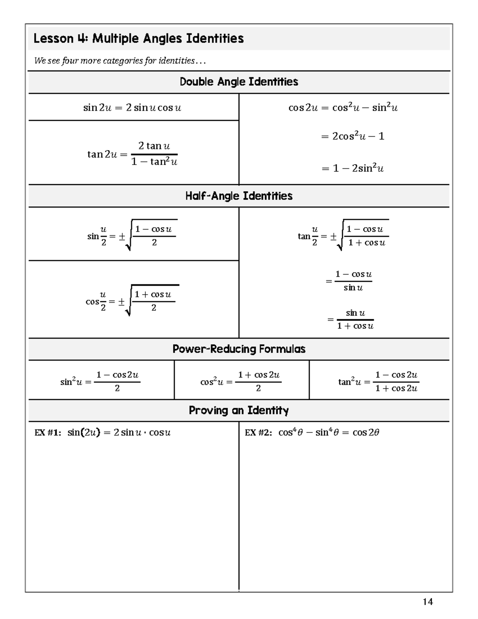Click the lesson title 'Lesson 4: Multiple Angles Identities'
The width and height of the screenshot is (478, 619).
(138, 39)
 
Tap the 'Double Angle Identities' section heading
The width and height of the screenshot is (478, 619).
(239, 82)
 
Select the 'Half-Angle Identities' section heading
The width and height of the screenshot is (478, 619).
(239, 196)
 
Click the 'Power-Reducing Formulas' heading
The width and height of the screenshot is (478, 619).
(239, 349)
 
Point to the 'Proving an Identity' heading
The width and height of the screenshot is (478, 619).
(239, 410)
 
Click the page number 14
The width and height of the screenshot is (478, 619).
(427, 601)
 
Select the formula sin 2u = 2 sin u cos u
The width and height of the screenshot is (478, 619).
(132, 108)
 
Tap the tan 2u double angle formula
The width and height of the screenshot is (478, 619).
(132, 154)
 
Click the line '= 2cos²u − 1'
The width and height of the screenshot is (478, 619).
(353, 136)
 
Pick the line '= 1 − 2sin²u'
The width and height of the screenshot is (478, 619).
(353, 168)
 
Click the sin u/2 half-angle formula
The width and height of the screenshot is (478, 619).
(132, 236)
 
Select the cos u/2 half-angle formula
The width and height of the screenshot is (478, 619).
(132, 301)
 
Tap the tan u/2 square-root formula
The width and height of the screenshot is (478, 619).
(343, 236)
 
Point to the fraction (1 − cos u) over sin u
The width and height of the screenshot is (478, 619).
(350, 281)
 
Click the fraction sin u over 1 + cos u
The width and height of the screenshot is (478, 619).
(351, 319)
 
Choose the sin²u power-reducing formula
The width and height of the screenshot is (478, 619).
(100, 381)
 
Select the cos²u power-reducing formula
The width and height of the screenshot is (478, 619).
(240, 381)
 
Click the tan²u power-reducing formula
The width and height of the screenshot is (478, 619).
(378, 381)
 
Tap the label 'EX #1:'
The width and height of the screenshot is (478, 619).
(48, 433)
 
